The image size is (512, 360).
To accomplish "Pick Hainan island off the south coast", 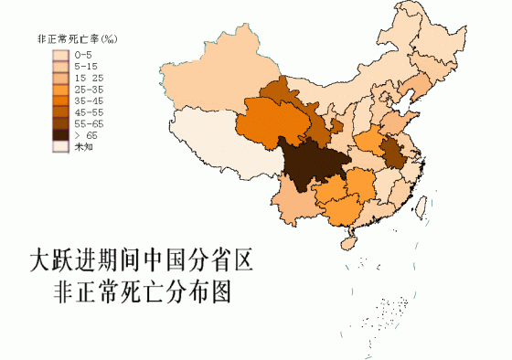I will (x=348, y=242).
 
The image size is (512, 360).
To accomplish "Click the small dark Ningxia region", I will (x=336, y=123).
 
